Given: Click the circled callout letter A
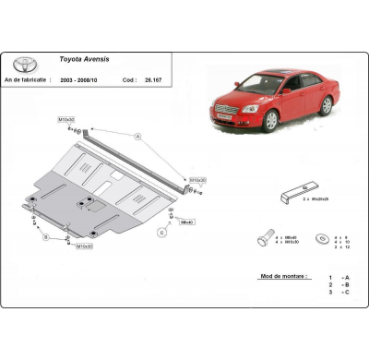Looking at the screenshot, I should coord(138,137).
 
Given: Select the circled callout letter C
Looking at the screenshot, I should coord(162,232).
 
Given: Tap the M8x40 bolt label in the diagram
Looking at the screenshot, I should coord(186,222).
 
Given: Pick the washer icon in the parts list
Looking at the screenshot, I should coord(322,238).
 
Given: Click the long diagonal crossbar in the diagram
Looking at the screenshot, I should coord(138,157).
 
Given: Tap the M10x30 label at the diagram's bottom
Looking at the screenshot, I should coord(85,246).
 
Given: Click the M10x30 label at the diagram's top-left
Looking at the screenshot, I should coord(66,120).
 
